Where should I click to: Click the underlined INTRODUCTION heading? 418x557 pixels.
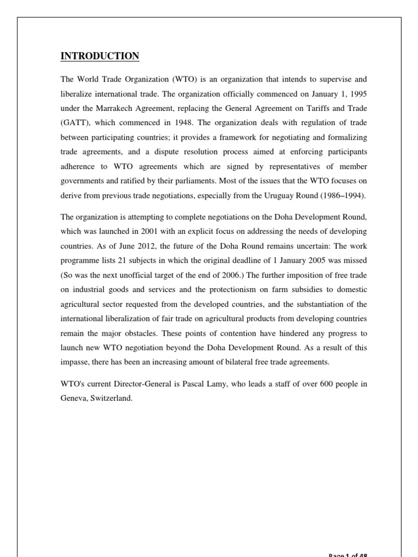tap(99, 57)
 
